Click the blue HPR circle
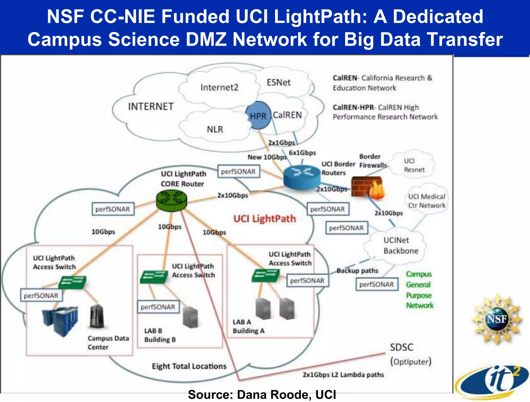(x=258, y=115)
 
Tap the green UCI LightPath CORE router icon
(x=172, y=200)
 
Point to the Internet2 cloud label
(x=219, y=87)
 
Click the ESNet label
(x=278, y=82)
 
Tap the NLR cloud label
(x=215, y=129)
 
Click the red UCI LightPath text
(x=264, y=219)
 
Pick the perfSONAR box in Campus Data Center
(x=41, y=295)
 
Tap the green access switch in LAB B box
(x=154, y=277)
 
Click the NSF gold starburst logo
(x=496, y=319)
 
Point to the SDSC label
(x=402, y=347)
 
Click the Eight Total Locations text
(x=189, y=366)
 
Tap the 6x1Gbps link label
(x=302, y=153)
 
